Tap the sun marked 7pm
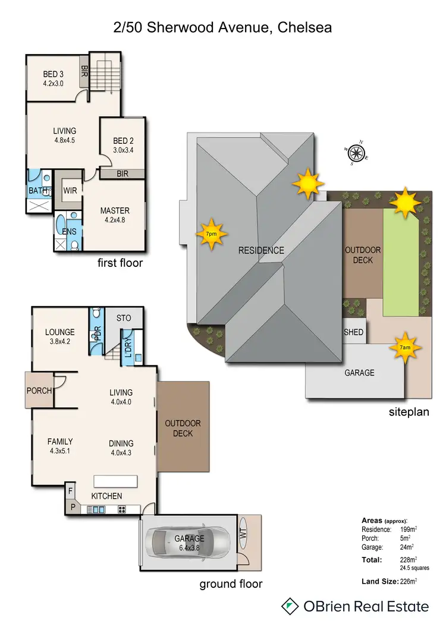(212, 233)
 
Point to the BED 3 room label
(53, 78)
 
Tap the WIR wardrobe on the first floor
(70, 191)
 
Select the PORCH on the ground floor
(39, 390)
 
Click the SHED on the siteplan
(353, 333)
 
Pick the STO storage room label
(124, 318)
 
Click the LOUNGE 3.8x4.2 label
(59, 336)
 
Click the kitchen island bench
(115, 480)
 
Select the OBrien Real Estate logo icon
(290, 606)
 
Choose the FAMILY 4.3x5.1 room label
(60, 446)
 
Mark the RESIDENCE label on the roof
(261, 250)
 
